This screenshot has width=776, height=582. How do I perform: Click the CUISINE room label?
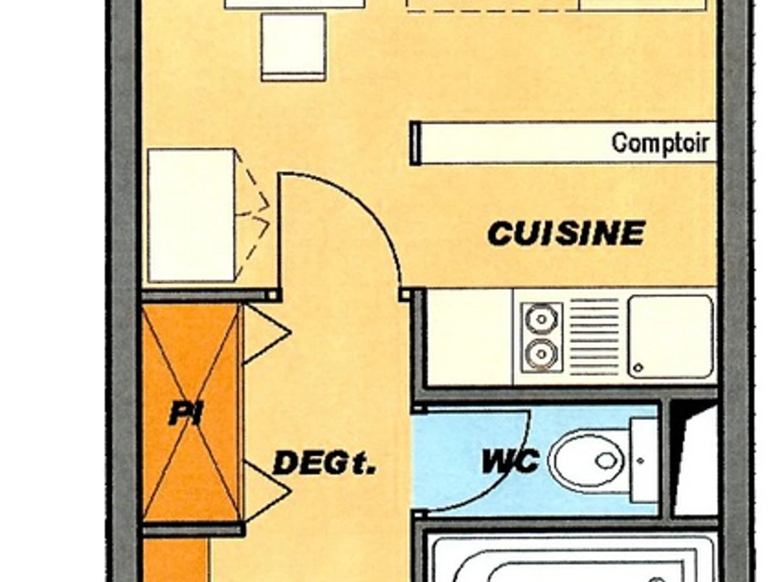tap(566, 233)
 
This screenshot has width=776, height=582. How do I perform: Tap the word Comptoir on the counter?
tap(660, 143)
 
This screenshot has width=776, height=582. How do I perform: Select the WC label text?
tap(510, 462)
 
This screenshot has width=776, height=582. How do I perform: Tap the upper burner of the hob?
tap(539, 318)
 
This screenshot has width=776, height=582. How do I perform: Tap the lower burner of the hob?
tap(539, 354)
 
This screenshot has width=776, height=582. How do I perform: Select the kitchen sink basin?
tap(670, 336)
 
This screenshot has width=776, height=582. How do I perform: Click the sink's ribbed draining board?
tap(594, 336)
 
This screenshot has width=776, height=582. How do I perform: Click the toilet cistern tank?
tap(643, 460)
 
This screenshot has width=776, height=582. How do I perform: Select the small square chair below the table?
tap(293, 47)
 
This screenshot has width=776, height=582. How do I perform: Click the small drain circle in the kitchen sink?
tap(638, 367)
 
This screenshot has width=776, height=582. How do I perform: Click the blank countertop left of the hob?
tap(469, 336)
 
